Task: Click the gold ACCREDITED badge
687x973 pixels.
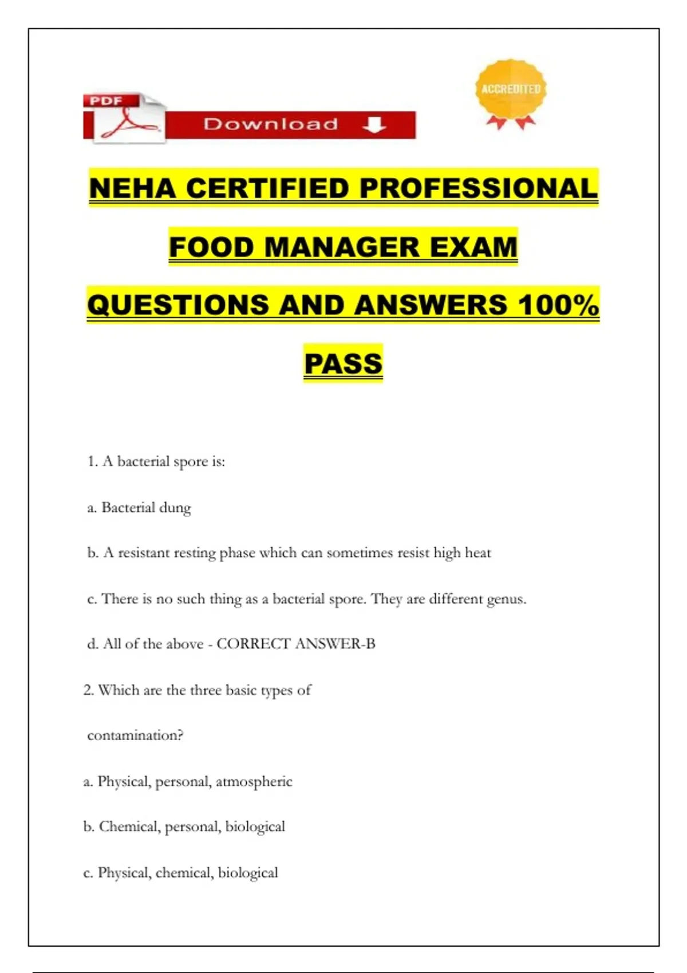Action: [511, 92]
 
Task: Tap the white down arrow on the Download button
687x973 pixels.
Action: [374, 125]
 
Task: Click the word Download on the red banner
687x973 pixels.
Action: [271, 124]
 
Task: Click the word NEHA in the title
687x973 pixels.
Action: [132, 188]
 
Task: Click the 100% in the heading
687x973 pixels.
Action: [558, 304]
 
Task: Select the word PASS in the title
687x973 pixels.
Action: [343, 363]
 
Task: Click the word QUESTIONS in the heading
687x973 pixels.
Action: [178, 304]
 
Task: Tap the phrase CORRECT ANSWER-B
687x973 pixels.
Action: [295, 644]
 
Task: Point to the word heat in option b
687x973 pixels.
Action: [477, 553]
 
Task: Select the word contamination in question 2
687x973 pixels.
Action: [135, 735]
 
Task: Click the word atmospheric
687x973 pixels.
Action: [254, 781]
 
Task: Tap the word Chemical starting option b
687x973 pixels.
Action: [130, 826]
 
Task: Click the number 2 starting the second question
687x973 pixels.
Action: [88, 690]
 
